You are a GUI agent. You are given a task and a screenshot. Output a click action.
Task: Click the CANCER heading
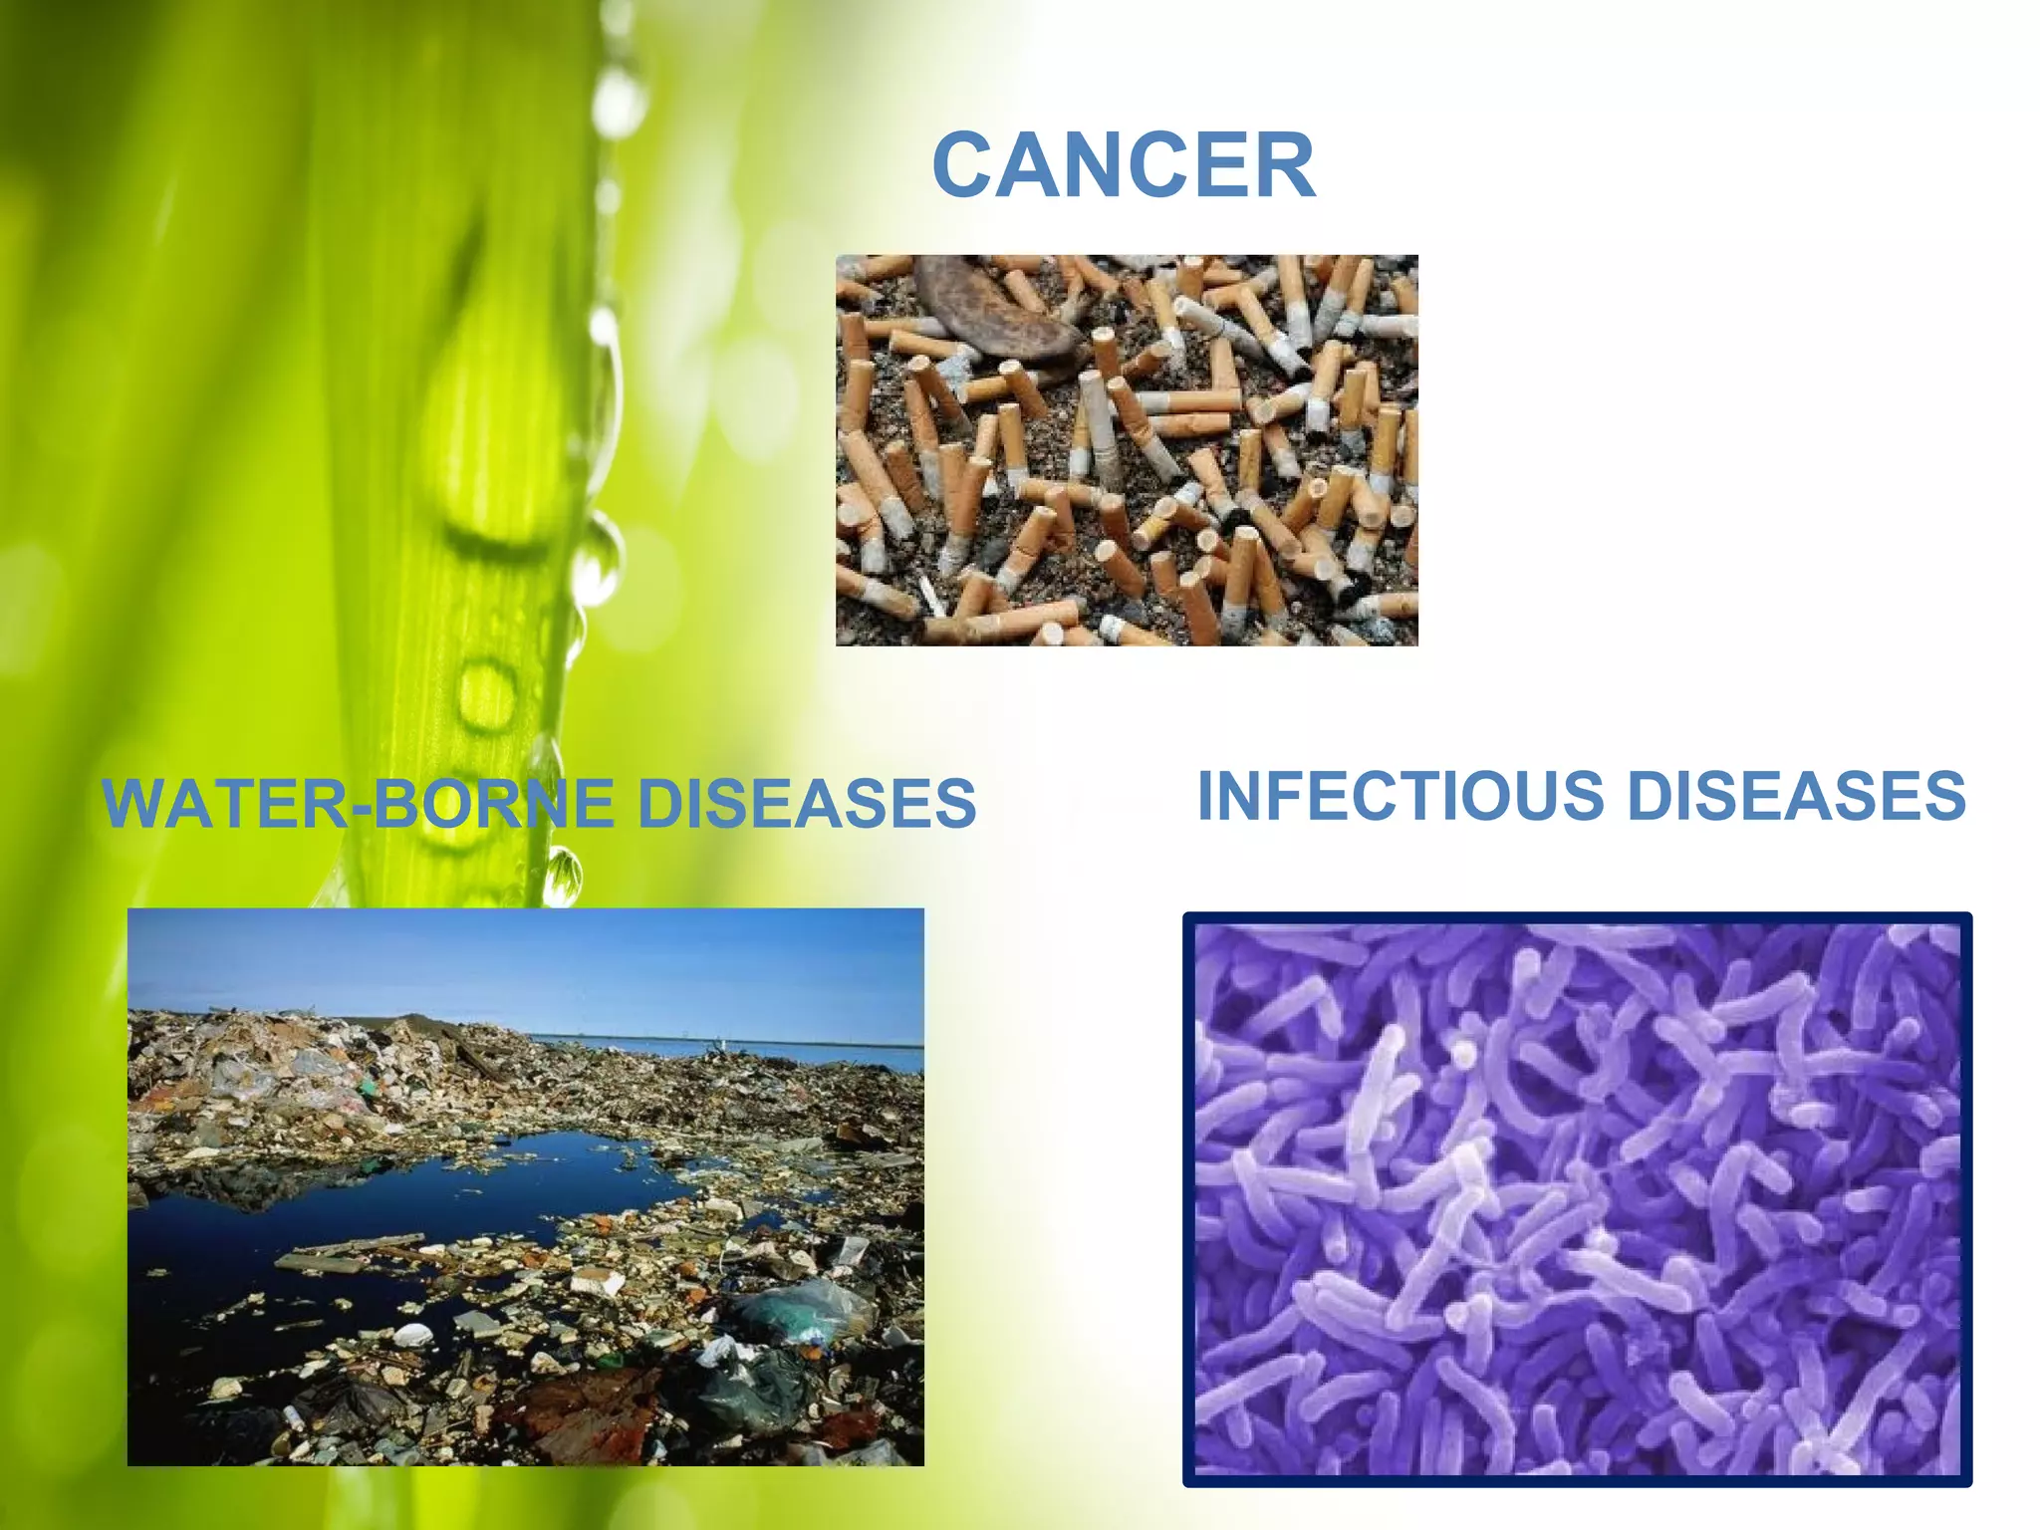(x=1124, y=165)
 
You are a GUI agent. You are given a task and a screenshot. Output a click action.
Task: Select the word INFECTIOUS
(x=1401, y=796)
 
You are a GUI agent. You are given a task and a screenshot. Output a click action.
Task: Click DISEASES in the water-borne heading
(x=807, y=803)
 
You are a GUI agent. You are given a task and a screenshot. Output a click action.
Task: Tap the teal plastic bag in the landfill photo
(x=797, y=1315)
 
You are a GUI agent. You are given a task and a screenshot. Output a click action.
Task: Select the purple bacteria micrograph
(x=1578, y=1199)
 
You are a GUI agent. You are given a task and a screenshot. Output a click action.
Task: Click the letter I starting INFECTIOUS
(x=1205, y=796)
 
